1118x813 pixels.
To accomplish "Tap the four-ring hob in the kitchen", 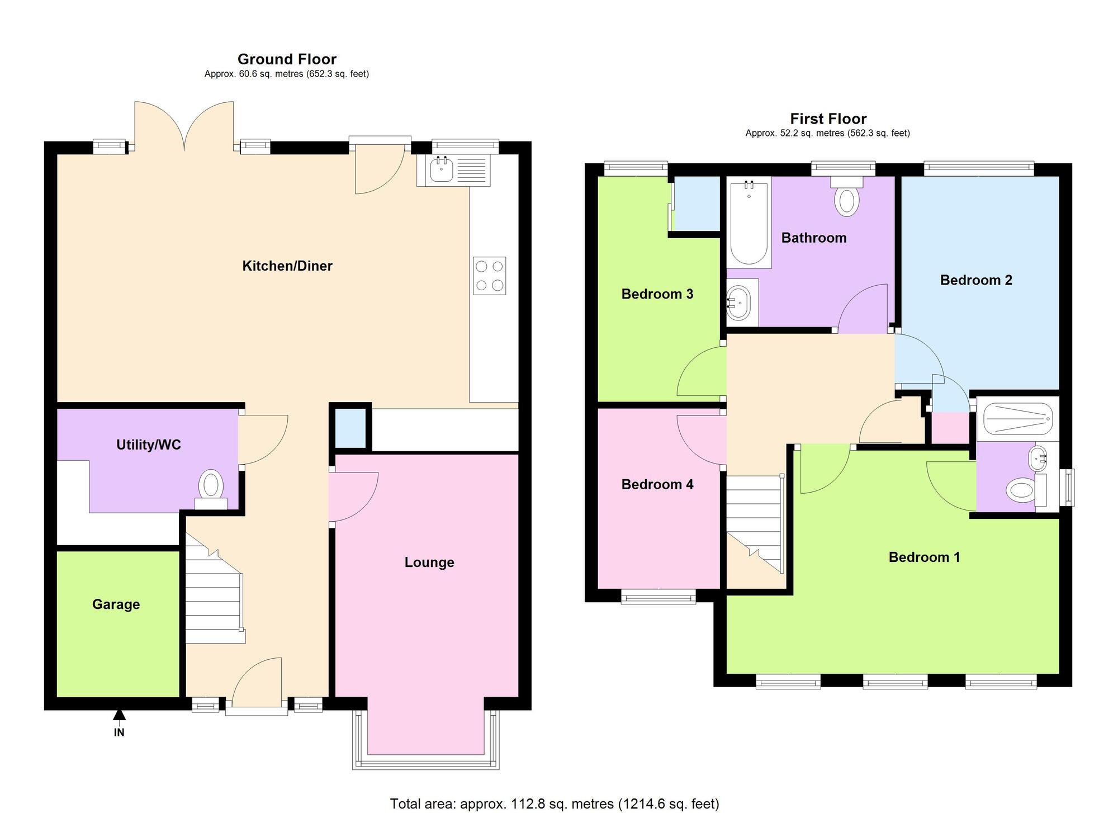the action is (489, 276).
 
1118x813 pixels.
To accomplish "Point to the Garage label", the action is (116, 604).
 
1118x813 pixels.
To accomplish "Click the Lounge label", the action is (429, 563).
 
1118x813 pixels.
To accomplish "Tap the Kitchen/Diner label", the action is (287, 266).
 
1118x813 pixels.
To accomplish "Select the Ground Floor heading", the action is (287, 59).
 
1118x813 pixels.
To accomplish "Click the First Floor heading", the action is (828, 119).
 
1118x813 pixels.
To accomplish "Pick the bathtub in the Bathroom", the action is (749, 223).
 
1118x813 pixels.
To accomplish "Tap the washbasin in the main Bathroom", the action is (741, 302).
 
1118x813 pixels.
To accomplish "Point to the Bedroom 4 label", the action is (657, 484).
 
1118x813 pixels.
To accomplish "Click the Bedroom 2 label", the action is (976, 280).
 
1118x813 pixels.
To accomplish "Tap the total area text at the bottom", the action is (555, 804).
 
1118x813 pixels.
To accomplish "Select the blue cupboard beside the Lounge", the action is (350, 428).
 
